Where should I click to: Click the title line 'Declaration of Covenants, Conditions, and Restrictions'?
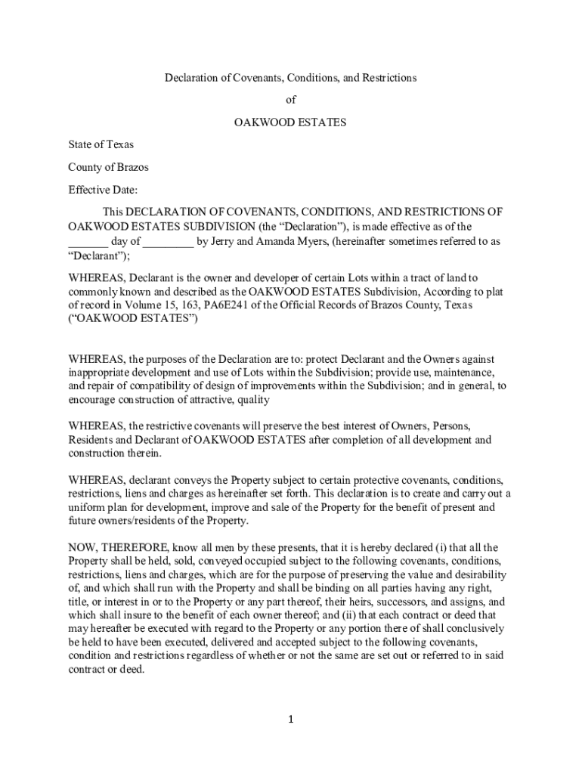[x=291, y=78]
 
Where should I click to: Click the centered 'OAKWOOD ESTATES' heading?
[x=291, y=122]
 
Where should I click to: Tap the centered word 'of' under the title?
[x=291, y=100]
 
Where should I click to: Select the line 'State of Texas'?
[x=101, y=144]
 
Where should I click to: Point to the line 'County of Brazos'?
[x=108, y=167]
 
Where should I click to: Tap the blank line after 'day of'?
[x=168, y=242]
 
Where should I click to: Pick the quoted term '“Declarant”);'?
[x=99, y=256]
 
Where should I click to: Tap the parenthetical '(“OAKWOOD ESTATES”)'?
[x=133, y=319]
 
